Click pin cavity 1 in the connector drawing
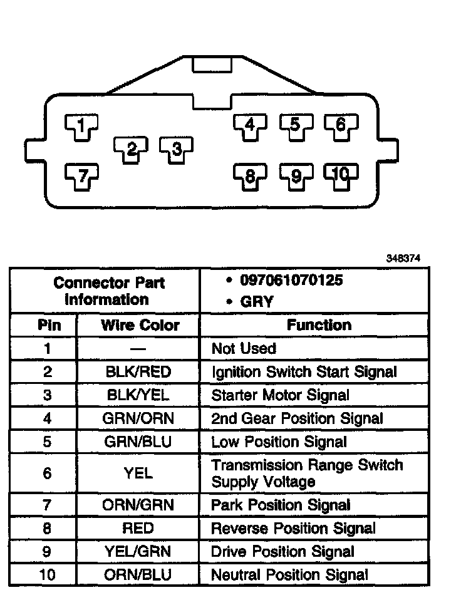point(81,126)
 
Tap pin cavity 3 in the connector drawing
point(176,149)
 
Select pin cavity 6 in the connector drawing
point(341,125)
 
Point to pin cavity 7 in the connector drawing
point(81,175)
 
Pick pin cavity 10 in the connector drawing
point(341,176)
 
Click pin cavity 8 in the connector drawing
point(250,176)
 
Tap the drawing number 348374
point(403,257)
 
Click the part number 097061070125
point(291,280)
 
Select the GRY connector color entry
point(257,302)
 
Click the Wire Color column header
point(140,326)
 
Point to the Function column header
point(319,325)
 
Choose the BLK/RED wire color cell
point(138,372)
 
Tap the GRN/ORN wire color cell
point(138,418)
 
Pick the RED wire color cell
point(138,528)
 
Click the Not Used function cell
point(244,349)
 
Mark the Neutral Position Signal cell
point(289,574)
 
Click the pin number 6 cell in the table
point(48,473)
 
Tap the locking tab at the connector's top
point(212,65)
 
